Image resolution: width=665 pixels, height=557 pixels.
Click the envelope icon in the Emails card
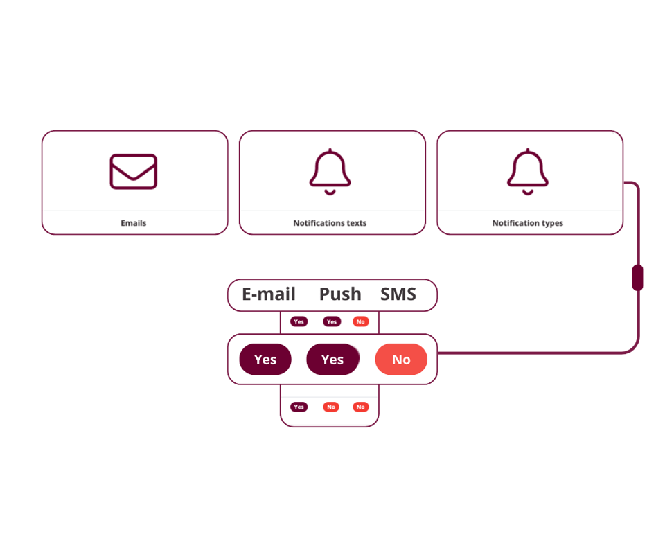[x=134, y=171]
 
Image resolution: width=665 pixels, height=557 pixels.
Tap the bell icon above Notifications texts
[x=330, y=171]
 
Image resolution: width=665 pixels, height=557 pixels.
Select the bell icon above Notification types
[x=528, y=171]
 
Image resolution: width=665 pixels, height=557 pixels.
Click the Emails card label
[x=134, y=223]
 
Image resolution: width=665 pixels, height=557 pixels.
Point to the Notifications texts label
[x=330, y=223]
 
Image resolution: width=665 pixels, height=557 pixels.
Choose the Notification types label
[x=528, y=223]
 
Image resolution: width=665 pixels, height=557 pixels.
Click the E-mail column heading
[x=269, y=294]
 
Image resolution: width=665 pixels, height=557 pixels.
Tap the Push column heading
[x=340, y=294]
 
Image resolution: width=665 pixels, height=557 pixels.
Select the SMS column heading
[x=398, y=294]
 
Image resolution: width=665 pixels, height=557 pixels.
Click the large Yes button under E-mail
[x=265, y=360]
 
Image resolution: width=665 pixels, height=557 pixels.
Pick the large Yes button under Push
[x=332, y=360]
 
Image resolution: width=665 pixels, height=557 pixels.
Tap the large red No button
[x=401, y=360]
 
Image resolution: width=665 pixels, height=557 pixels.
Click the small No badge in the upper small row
[x=360, y=321]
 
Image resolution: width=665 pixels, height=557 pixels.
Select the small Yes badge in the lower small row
[x=299, y=407]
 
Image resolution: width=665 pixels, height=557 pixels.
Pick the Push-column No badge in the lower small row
[x=331, y=407]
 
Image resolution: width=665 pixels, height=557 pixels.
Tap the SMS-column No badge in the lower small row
[x=360, y=407]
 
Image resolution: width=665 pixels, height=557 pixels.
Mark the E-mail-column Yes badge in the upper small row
[x=299, y=321]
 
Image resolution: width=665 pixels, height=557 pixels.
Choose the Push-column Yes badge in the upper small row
[x=332, y=321]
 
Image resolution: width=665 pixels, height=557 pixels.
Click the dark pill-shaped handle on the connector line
[x=638, y=277]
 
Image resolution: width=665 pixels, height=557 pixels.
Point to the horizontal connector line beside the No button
[x=526, y=353]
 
